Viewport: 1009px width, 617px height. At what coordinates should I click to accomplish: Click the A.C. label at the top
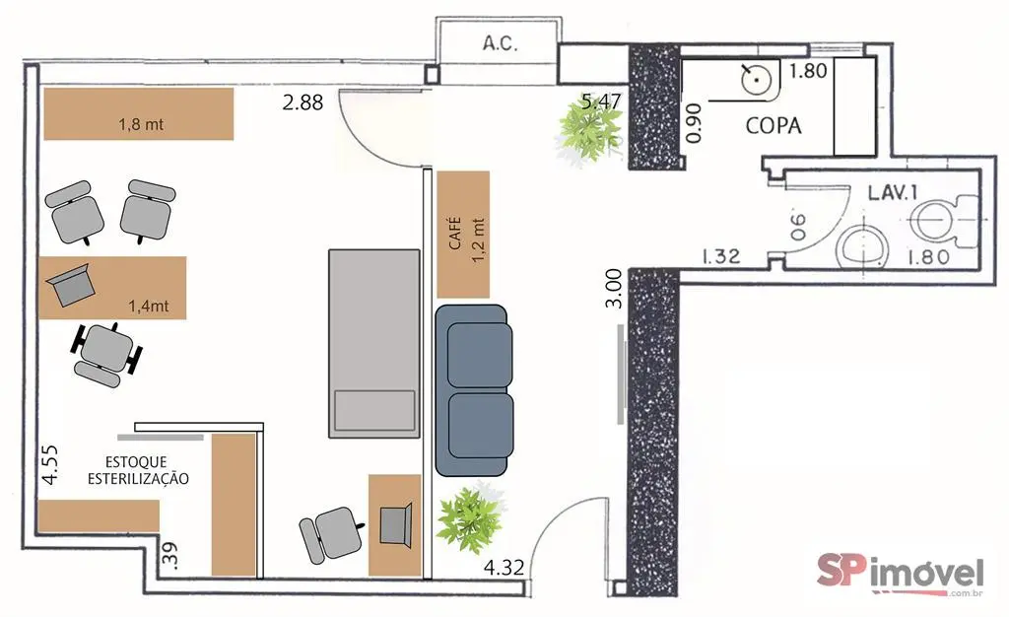[500, 43]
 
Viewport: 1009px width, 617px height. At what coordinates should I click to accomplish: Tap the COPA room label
[774, 125]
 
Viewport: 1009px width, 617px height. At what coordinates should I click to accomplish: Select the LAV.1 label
[892, 193]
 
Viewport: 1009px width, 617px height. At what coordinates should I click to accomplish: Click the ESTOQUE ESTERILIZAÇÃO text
[138, 470]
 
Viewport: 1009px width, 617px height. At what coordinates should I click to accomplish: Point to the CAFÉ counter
[463, 235]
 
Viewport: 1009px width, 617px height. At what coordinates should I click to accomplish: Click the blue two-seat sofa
[474, 390]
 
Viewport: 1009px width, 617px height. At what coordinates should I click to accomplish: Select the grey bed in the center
[373, 344]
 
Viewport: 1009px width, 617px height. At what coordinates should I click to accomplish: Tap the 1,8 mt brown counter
[138, 114]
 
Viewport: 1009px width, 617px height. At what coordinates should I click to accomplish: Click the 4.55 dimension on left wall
[49, 464]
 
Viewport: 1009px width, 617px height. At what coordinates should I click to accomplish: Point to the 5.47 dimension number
[602, 102]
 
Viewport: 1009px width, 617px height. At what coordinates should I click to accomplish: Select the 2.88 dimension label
[303, 103]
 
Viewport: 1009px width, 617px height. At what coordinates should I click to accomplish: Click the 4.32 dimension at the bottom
[504, 568]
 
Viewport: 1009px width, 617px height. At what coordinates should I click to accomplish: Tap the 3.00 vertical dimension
[614, 288]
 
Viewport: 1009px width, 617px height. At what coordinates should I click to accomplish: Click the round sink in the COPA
[756, 81]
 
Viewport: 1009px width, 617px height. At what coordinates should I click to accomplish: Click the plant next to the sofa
[470, 516]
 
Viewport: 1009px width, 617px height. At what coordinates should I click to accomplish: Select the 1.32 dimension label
[720, 256]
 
